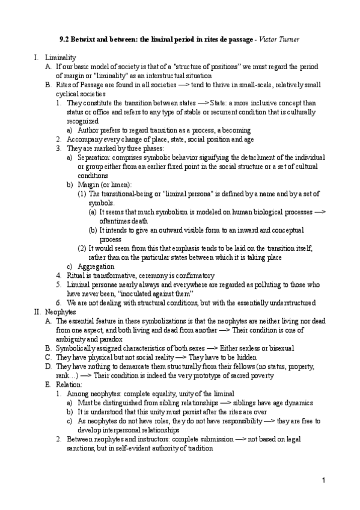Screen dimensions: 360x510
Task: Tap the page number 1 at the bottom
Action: click(323, 481)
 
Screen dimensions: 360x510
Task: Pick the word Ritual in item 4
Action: click(76, 275)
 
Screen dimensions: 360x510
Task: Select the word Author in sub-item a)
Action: click(90, 130)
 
